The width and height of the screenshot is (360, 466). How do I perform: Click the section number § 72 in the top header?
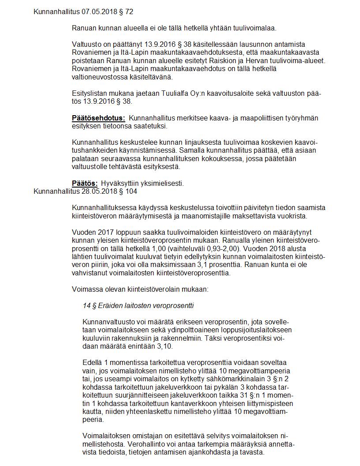pyautogui.click(x=124, y=11)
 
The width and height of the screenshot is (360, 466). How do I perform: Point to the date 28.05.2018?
pyautogui.click(x=96, y=192)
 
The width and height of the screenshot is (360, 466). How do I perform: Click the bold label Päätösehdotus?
pyautogui.click(x=98, y=118)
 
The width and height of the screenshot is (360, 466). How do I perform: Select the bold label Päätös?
pyautogui.click(x=85, y=183)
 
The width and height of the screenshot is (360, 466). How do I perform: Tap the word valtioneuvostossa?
pyautogui.click(x=100, y=77)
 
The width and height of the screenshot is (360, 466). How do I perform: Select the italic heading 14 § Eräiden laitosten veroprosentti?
pyautogui.click(x=138, y=305)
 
